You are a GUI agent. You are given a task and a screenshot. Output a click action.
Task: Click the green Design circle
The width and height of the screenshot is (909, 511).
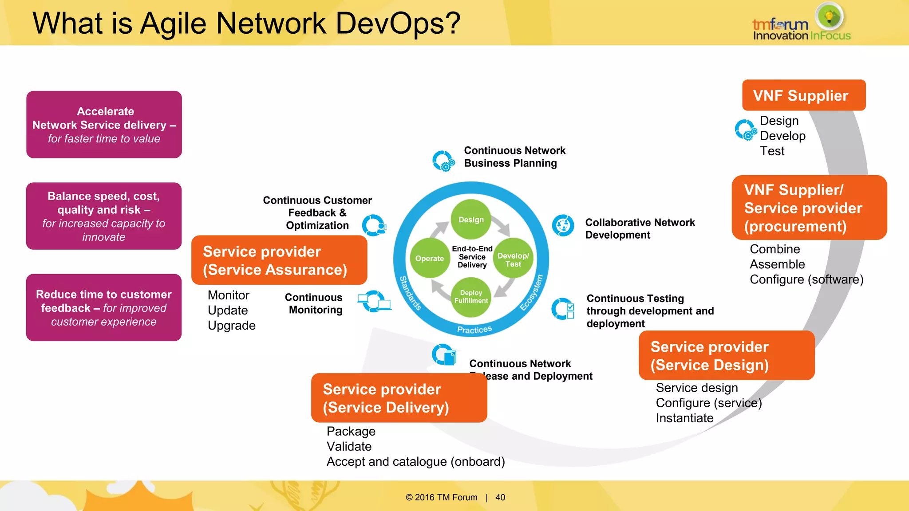[471, 220]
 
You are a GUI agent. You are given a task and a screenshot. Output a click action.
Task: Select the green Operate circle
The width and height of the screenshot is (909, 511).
[429, 258]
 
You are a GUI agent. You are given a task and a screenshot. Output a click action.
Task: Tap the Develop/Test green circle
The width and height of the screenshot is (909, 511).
[513, 259]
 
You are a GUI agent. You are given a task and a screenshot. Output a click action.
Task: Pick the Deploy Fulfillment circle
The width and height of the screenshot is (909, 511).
[471, 297]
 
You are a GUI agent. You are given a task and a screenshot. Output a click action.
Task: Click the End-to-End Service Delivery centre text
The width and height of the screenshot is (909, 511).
[472, 257]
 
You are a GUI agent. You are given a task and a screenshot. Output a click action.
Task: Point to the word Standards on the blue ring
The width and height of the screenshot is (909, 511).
[410, 293]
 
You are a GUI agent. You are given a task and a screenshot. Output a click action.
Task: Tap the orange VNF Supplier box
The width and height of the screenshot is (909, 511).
[803, 95]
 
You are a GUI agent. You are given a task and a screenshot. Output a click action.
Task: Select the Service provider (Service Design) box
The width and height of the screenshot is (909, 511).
[726, 355]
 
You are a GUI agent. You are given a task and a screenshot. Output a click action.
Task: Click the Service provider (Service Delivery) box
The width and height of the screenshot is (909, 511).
[399, 398]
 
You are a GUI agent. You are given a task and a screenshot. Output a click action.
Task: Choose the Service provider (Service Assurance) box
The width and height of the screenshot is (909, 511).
[279, 260]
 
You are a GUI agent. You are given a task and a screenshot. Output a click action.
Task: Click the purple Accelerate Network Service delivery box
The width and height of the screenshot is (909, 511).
[104, 125]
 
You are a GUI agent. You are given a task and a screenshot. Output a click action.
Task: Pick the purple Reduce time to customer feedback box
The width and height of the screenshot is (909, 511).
[104, 307]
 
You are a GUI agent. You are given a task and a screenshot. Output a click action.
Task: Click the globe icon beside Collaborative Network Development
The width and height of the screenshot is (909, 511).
[563, 225]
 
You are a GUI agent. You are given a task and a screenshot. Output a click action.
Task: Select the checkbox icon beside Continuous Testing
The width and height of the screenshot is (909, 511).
[563, 309]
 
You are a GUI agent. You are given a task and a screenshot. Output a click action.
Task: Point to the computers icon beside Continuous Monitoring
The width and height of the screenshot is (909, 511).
[374, 302]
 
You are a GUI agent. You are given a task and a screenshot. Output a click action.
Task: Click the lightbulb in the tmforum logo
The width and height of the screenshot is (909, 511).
[829, 16]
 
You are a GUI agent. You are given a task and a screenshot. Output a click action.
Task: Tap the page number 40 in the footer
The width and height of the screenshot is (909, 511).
[500, 497]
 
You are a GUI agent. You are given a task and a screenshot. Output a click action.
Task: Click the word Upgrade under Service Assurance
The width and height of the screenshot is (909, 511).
[232, 326]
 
